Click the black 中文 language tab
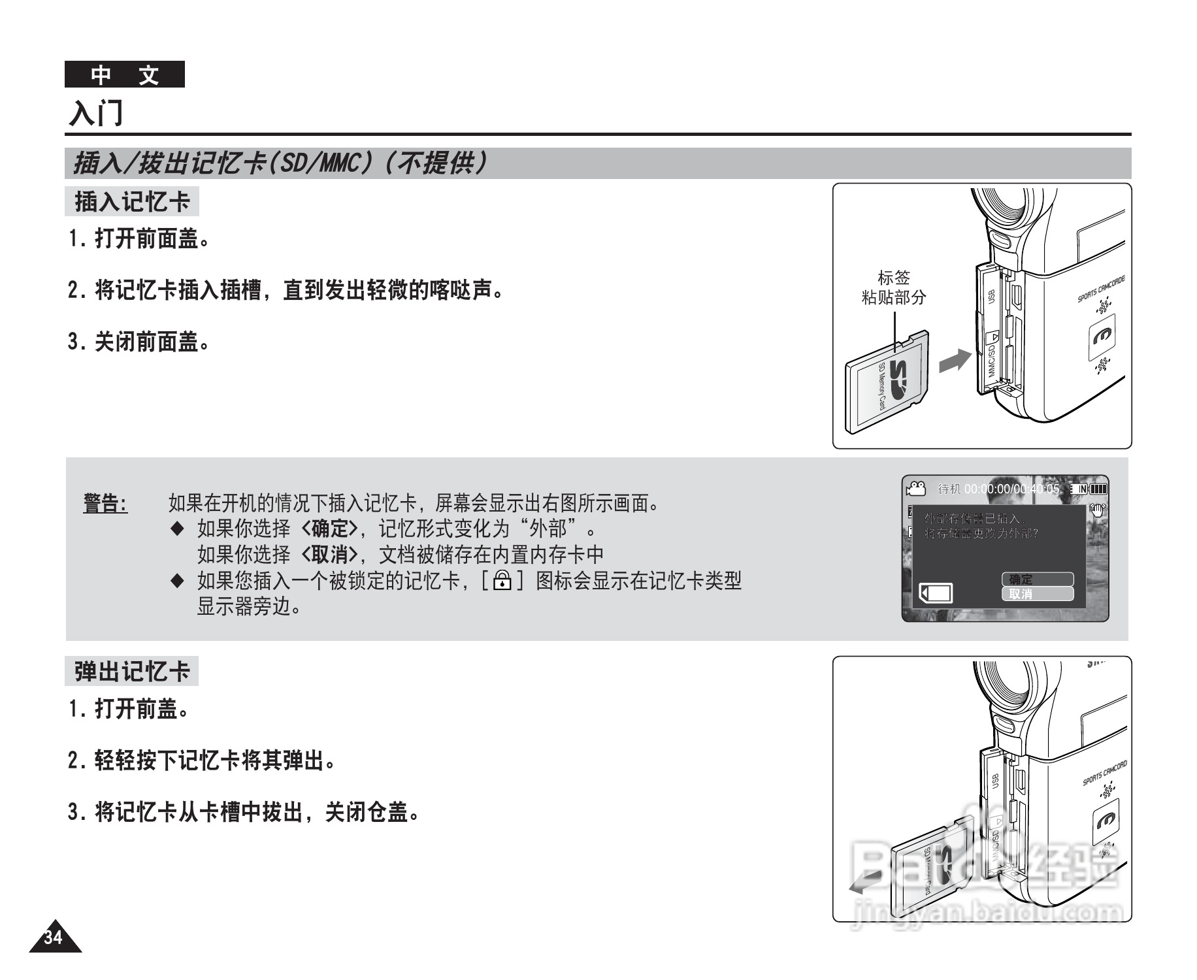pos(124,74)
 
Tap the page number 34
pos(54,938)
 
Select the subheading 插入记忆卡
pos(131,202)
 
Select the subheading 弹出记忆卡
pos(131,672)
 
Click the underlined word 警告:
pos(105,504)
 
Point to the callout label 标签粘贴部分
pos(893,287)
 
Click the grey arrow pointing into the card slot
pos(955,359)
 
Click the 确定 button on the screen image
pos(1037,580)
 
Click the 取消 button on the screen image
pos(1037,594)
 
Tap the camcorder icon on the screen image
pos(916,488)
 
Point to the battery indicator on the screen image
pos(1098,489)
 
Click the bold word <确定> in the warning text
pos(330,528)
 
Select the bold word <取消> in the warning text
pos(330,555)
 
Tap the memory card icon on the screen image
pos(936,593)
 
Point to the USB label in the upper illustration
pos(991,296)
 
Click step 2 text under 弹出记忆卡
pos(203,760)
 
